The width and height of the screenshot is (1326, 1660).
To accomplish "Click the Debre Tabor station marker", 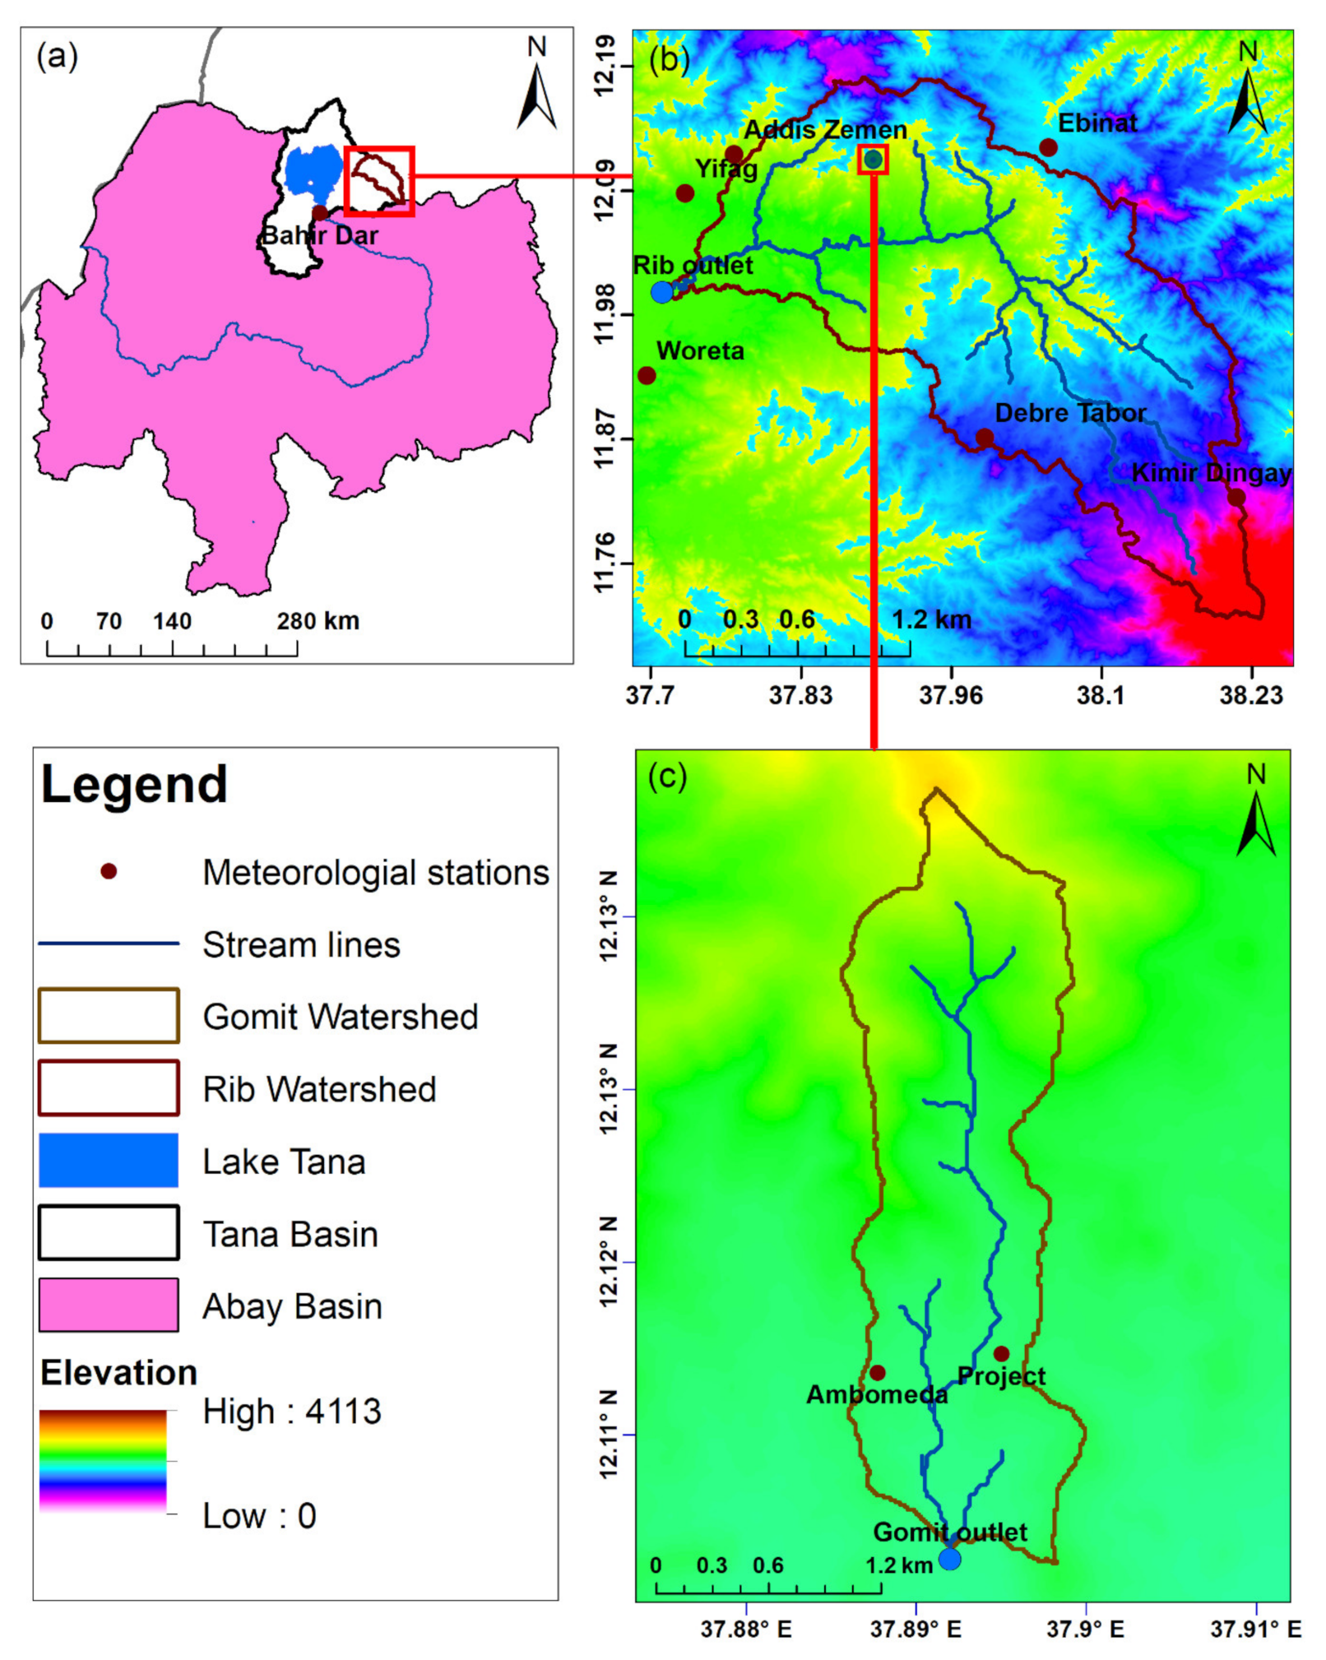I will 984,438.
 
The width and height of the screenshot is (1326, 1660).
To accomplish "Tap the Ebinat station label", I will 1097,123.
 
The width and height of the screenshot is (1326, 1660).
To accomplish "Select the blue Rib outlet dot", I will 661,291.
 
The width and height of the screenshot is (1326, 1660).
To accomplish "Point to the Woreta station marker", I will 647,375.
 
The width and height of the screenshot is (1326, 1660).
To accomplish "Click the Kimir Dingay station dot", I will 1236,497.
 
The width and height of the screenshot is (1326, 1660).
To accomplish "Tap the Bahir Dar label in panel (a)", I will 319,236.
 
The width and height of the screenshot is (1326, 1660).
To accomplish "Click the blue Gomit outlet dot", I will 949,1559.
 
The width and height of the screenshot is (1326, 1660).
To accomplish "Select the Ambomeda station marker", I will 878,1373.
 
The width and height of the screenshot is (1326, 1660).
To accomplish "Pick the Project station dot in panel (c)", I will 1001,1353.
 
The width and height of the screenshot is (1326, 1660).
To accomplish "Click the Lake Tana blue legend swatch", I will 108,1161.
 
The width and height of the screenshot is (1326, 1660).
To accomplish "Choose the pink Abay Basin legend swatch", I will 108,1305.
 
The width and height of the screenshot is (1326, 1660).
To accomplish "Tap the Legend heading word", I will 134,784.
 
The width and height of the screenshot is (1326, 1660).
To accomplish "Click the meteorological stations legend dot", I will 108,871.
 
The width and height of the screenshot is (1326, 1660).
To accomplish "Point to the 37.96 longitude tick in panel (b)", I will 951,696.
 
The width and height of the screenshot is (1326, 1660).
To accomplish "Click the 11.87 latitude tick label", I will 605,438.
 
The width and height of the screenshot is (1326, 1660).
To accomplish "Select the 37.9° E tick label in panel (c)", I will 1085,1630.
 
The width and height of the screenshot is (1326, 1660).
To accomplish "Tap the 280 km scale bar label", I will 318,621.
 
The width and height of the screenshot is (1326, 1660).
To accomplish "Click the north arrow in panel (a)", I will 536,95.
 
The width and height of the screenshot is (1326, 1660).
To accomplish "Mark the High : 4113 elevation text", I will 292,1412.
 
